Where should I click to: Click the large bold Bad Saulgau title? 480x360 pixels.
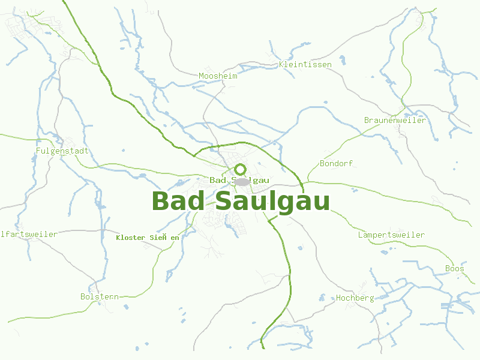click(241, 201)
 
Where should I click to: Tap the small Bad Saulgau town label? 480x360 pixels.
click(239, 180)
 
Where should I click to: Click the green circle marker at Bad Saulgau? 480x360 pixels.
click(241, 170)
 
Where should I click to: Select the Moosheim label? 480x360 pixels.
click(218, 76)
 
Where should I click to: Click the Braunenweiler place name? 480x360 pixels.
click(395, 120)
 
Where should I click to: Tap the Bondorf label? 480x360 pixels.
click(337, 163)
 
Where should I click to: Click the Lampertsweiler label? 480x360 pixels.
click(391, 235)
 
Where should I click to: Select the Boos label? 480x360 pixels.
click(455, 268)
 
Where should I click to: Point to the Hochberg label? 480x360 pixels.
click(355, 298)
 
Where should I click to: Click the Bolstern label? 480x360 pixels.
click(100, 296)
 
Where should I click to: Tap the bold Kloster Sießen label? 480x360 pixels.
click(148, 238)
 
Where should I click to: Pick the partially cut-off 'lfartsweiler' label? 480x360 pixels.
click(29, 234)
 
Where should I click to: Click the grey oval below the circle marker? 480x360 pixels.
click(241, 182)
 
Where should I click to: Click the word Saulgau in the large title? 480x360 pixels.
click(272, 201)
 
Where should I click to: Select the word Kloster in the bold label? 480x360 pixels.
click(130, 238)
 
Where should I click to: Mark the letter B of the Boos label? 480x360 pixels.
click(448, 268)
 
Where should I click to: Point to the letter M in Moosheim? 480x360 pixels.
click(201, 76)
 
